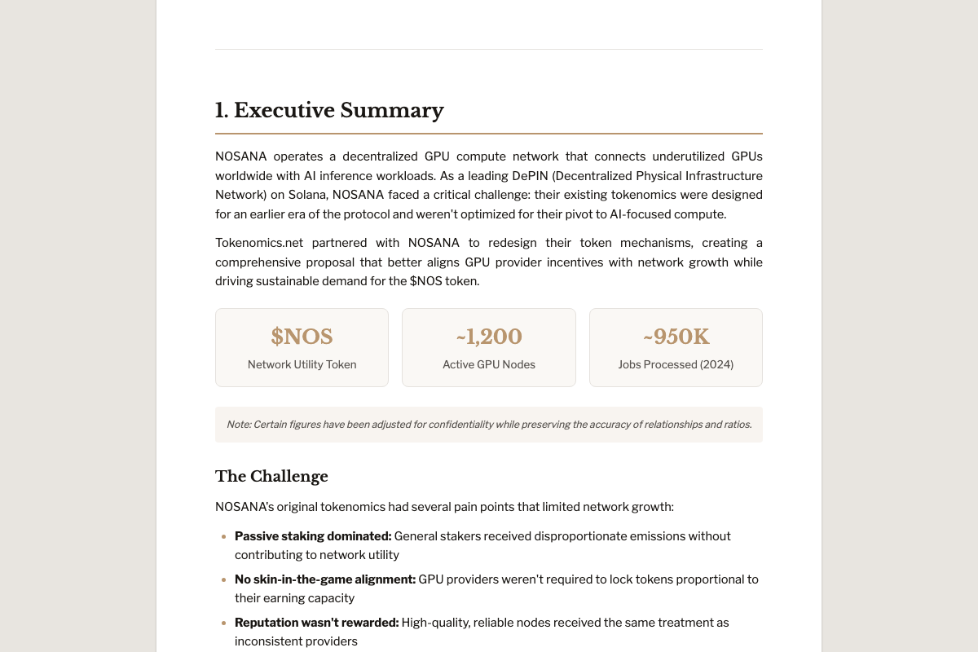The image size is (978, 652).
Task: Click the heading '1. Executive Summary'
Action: click(329, 110)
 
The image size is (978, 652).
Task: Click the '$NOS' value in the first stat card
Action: click(302, 337)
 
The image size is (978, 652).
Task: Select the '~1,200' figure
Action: click(489, 337)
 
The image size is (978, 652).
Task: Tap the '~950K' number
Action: click(676, 337)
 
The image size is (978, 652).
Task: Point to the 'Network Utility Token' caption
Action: click(302, 364)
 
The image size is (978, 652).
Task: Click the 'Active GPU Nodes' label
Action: click(489, 364)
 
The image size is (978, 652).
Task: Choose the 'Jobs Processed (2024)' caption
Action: click(676, 364)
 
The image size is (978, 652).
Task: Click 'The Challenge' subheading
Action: click(271, 476)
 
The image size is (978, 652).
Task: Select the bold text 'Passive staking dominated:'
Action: click(313, 536)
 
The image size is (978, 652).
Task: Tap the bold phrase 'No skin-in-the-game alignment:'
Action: click(324, 579)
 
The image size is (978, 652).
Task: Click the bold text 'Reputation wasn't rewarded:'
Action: click(316, 623)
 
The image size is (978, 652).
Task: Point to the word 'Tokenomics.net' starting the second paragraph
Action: click(256, 243)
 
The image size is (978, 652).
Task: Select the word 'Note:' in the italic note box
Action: click(239, 425)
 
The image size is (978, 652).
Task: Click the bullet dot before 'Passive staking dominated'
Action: click(223, 536)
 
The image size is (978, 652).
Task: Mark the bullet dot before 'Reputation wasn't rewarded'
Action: click(223, 623)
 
